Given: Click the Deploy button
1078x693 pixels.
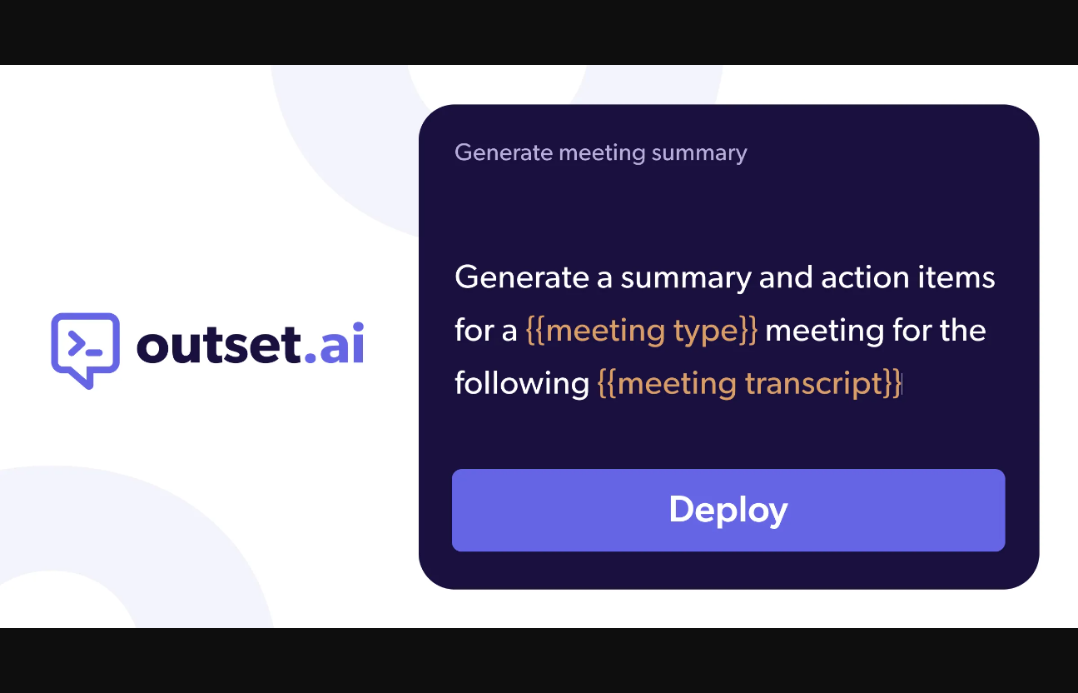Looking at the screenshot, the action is tap(728, 510).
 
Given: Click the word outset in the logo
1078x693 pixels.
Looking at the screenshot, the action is tap(219, 343).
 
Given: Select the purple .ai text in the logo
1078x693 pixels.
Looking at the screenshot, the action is tap(335, 342).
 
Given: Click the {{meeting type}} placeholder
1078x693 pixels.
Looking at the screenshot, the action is tap(642, 331).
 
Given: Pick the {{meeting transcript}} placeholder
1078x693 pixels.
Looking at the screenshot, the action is tap(749, 384).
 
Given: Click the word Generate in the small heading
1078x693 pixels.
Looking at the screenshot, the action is tap(504, 153).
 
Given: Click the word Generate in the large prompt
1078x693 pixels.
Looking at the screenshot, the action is tap(522, 277).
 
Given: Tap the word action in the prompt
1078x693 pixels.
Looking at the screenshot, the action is tap(865, 277).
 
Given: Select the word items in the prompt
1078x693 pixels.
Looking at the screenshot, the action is tap(956, 277).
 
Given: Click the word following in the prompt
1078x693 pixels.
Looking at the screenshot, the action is tap(522, 384).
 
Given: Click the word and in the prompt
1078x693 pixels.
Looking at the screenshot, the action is tap(786, 277).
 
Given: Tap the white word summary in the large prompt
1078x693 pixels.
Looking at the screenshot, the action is tap(686, 279).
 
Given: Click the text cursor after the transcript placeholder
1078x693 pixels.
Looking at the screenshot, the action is tap(902, 384).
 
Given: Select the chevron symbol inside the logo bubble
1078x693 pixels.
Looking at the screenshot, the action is tap(77, 343).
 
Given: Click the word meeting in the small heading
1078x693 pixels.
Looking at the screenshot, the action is tap(602, 153).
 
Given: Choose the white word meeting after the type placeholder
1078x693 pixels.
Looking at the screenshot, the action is tap(824, 332).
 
